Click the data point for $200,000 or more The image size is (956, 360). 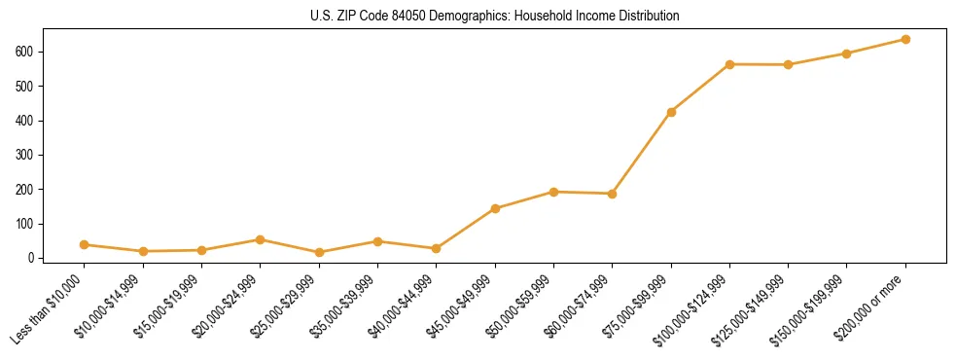pyautogui.click(x=905, y=40)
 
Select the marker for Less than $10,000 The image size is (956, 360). pyautogui.click(x=85, y=245)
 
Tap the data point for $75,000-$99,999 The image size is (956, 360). pyautogui.click(x=671, y=112)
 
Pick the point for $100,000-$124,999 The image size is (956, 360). pyautogui.click(x=729, y=64)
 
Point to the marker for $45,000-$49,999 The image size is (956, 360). pyautogui.click(x=495, y=208)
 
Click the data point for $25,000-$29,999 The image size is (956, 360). pyautogui.click(x=319, y=253)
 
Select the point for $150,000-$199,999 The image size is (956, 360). pyautogui.click(x=847, y=54)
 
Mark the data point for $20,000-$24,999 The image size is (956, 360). pyautogui.click(x=261, y=239)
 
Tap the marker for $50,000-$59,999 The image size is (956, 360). pyautogui.click(x=553, y=192)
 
